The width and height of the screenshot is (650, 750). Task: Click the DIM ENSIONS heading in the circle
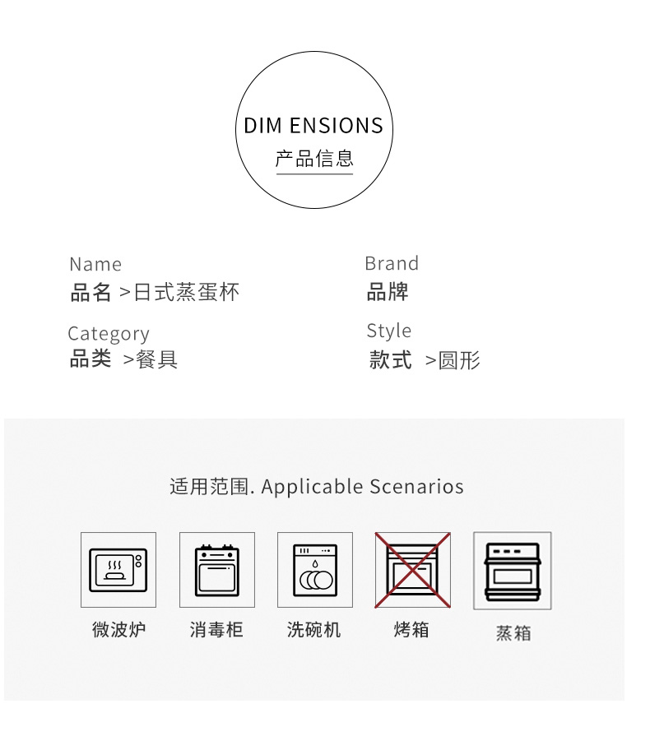coord(313,126)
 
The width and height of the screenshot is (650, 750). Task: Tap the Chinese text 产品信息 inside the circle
coord(313,158)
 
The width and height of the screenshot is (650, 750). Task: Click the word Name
coord(95,264)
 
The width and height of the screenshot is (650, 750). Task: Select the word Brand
coord(392,263)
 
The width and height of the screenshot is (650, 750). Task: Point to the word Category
coord(109,333)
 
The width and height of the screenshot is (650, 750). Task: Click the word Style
coord(389,331)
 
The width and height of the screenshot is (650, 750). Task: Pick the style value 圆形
coord(459,360)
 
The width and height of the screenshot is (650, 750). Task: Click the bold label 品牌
coord(388,292)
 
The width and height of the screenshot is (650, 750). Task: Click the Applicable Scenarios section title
coord(316,486)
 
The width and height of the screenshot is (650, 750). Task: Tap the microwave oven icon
coord(118,570)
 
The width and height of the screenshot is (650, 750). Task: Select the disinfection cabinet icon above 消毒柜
coord(217,570)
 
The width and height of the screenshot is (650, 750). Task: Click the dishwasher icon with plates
coord(315,570)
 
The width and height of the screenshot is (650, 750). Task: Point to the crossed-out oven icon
coord(413,570)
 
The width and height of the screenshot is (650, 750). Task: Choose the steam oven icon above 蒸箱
coord(512,570)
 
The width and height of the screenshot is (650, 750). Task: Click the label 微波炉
coord(118,631)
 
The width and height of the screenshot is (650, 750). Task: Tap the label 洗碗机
coord(313,631)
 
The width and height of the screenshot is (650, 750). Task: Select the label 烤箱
coord(411,631)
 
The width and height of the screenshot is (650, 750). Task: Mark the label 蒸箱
coord(513,634)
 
